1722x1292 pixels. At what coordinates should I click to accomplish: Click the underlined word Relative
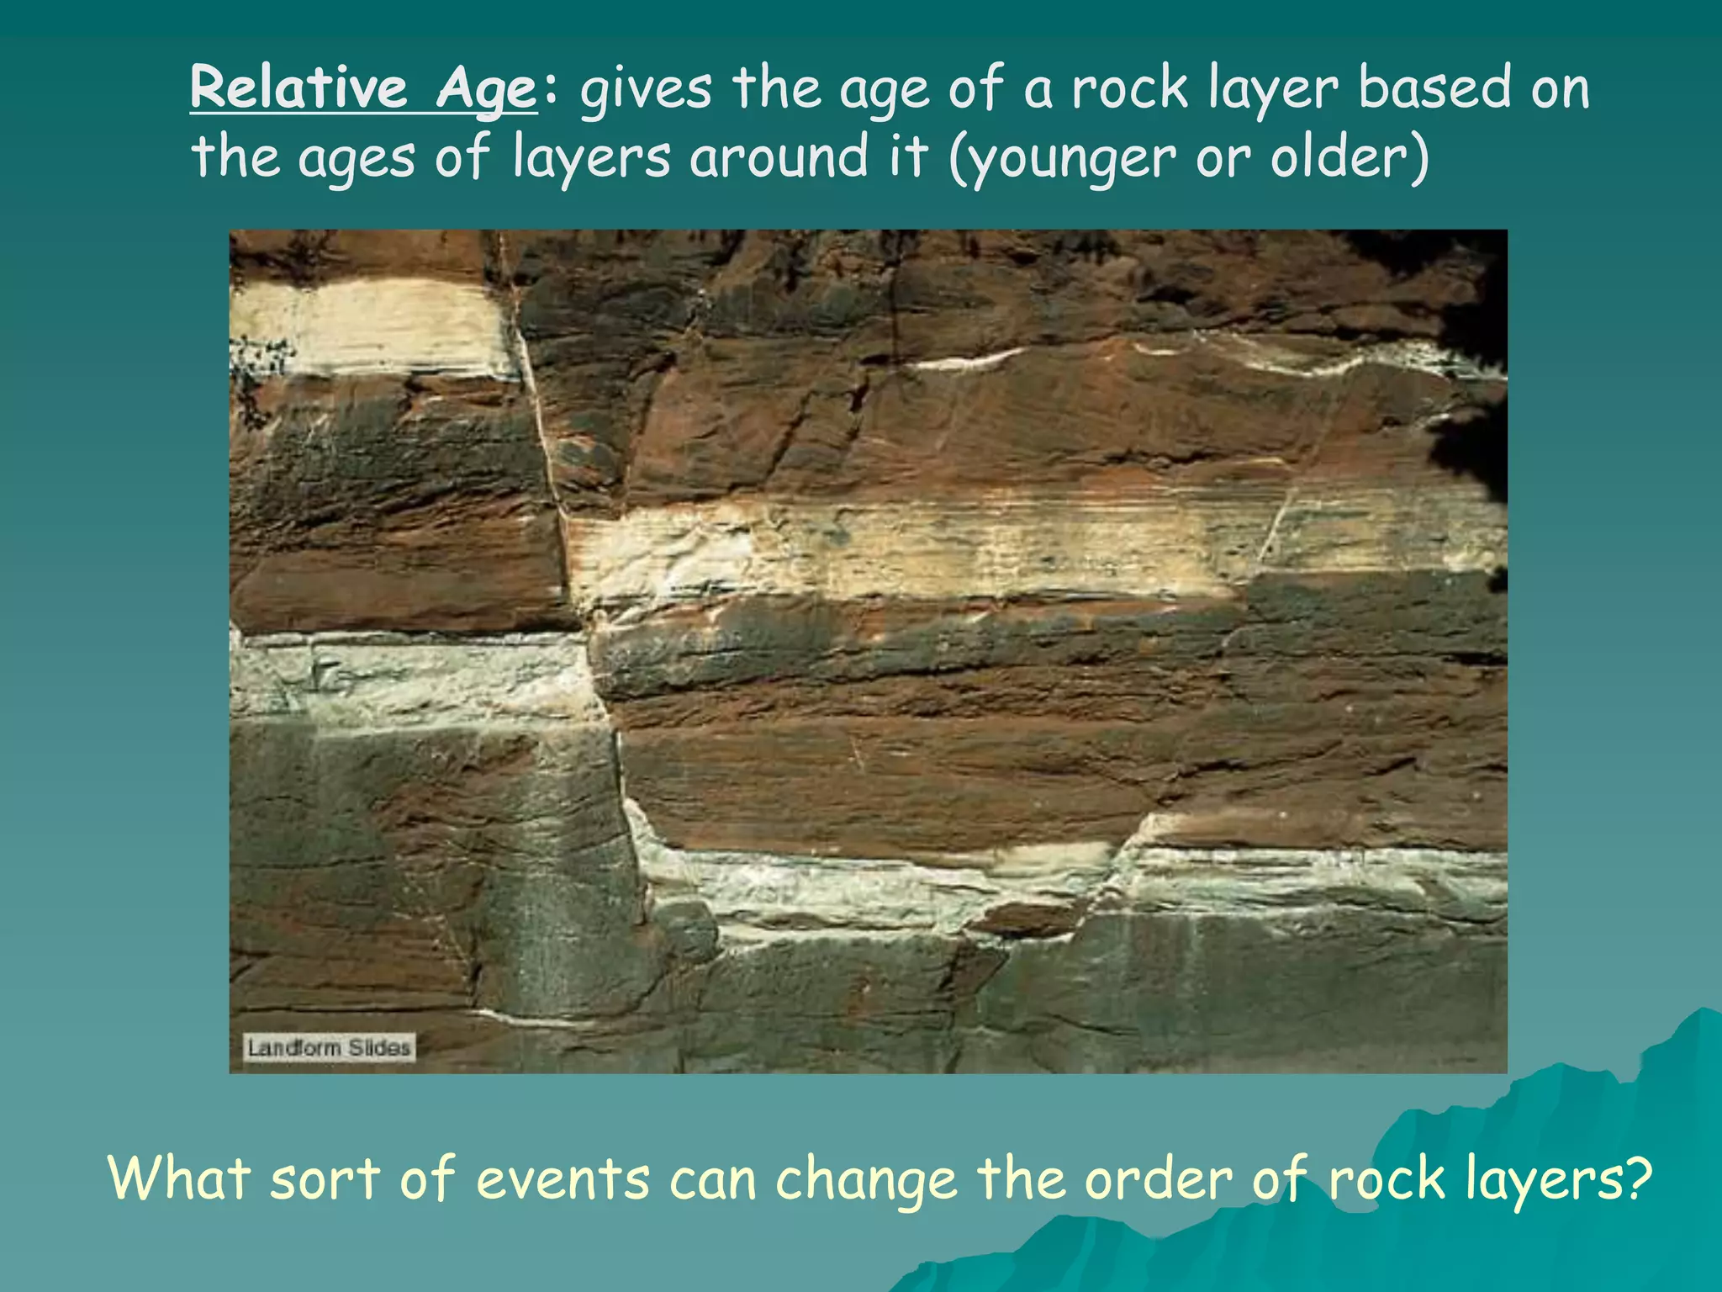click(298, 87)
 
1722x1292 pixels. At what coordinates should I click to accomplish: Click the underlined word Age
click(485, 89)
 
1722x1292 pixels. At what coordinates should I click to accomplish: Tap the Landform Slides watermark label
click(329, 1048)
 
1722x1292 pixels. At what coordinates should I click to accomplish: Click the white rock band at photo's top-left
click(370, 328)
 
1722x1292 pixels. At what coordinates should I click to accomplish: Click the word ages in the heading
click(357, 158)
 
